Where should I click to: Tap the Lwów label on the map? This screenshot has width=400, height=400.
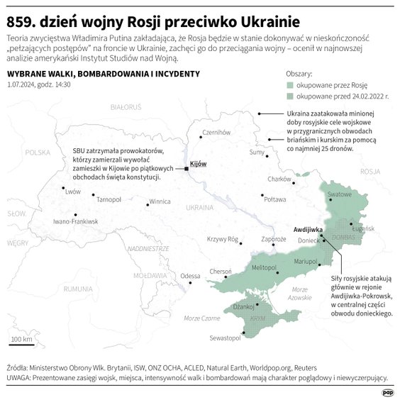(x=73, y=191)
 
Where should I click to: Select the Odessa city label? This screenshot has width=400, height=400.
(x=190, y=276)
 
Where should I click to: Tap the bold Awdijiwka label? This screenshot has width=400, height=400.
(x=309, y=230)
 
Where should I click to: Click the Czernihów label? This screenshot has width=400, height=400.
(x=217, y=133)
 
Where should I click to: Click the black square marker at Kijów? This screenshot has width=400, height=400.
(x=187, y=169)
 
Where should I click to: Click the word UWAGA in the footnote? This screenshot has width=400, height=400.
(x=18, y=378)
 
